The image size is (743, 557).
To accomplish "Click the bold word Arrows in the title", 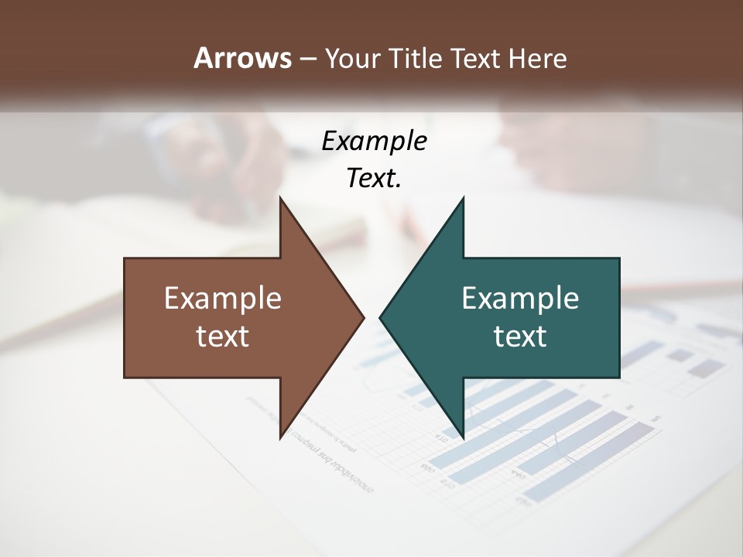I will [242, 58].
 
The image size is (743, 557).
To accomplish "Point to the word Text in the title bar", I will [477, 58].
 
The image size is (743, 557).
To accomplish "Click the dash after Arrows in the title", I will [307, 59].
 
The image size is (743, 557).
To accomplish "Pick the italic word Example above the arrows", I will [375, 141].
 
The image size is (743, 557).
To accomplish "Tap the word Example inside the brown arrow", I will [223, 298].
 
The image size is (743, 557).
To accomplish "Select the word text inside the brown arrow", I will [223, 336].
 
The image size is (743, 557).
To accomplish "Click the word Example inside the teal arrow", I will [520, 298].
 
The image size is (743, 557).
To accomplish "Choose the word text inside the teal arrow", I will [520, 336].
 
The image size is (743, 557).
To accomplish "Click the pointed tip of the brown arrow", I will [365, 317].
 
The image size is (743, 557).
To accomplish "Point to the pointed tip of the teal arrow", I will [379, 317].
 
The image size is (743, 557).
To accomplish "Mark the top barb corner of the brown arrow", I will [280, 196].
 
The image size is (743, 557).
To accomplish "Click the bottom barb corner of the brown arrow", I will [280, 439].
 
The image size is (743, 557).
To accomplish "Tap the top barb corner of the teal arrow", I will [464, 196].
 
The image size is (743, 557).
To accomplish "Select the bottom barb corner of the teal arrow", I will [464, 439].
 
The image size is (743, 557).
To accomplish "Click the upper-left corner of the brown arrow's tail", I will [125, 258].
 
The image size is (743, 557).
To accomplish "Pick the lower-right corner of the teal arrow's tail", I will [619, 378].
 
